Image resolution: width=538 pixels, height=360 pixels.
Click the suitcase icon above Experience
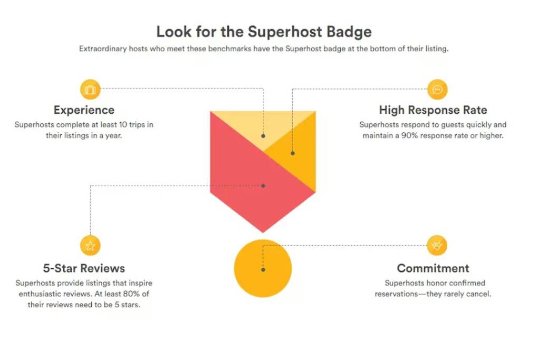pos(90,90)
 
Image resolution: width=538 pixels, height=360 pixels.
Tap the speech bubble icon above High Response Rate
pos(437,90)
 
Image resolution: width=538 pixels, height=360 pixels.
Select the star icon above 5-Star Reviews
pos(90,246)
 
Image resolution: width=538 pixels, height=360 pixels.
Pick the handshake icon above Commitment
pos(437,246)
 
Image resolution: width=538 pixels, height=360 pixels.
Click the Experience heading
pos(84,110)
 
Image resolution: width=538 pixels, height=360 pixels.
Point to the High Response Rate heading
pos(433,110)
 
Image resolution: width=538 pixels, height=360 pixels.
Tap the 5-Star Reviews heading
pos(84,268)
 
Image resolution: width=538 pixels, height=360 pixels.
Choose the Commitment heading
pos(433,268)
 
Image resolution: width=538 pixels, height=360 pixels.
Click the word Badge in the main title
pos(349,32)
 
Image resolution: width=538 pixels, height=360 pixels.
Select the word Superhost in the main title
pos(285,32)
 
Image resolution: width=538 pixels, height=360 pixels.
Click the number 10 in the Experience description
pos(123,124)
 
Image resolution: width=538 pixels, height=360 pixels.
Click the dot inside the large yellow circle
pos(263,270)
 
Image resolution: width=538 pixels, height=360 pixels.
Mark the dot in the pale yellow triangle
pos(263,136)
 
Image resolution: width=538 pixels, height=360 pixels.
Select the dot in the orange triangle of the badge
pos(293,153)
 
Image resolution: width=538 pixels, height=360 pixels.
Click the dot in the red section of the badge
pos(263,186)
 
